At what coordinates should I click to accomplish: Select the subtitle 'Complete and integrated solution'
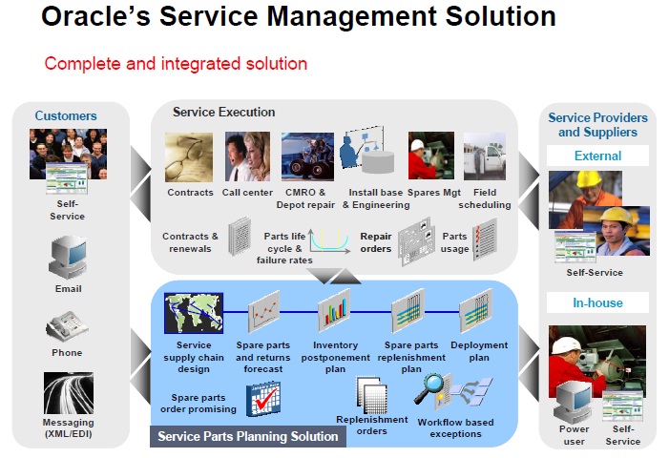tap(176, 64)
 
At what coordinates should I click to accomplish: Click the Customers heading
tap(66, 116)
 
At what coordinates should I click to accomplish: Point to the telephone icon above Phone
tap(67, 327)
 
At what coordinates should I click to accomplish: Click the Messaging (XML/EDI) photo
tap(68, 392)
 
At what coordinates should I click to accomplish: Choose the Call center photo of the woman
tap(248, 157)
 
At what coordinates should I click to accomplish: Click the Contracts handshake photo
tap(190, 157)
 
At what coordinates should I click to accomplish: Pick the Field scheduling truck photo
tap(484, 156)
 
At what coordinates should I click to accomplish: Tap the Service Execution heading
tap(223, 113)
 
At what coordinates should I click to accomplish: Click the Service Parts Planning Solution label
tap(247, 436)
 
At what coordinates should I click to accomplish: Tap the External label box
tap(597, 156)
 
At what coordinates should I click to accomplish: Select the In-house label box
tap(597, 303)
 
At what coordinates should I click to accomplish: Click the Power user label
tap(574, 435)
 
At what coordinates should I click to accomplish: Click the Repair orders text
tap(376, 242)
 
